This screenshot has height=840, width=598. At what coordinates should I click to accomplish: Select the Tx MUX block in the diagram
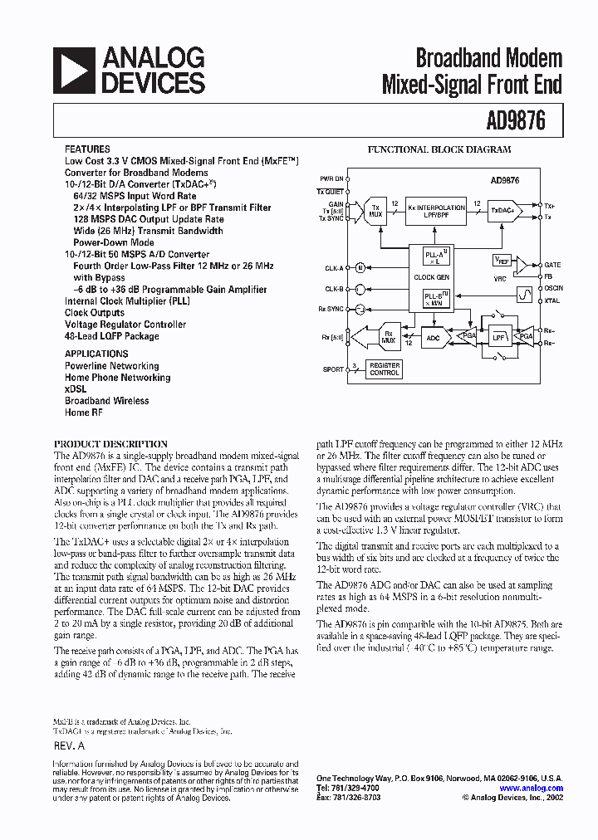coord(375,211)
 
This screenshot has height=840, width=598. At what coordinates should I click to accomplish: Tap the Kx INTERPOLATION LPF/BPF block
coord(436,211)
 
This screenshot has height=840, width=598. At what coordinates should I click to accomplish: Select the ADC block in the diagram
coord(433,338)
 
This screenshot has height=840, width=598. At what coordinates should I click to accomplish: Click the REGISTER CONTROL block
coord(385,369)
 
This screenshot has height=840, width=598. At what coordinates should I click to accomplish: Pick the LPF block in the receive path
coord(498,338)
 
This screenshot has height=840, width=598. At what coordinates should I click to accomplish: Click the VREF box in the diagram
coord(502,261)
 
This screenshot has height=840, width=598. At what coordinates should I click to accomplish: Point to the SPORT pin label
coord(333,369)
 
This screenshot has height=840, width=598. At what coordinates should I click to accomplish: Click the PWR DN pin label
coord(331,178)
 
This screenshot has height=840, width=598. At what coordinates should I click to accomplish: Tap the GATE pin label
coord(552,263)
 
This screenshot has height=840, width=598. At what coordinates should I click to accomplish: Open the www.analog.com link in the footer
coord(531,789)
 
